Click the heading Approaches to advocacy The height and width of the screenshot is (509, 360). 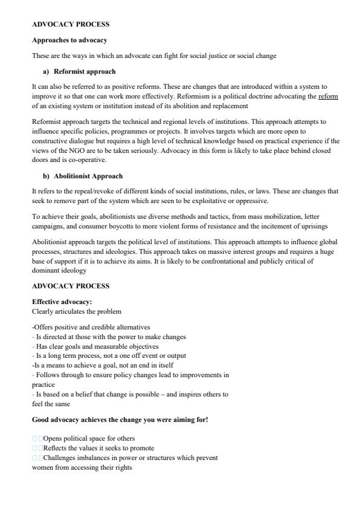(x=69, y=40)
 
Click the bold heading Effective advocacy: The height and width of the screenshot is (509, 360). (x=62, y=302)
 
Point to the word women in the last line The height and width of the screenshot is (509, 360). (x=41, y=467)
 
